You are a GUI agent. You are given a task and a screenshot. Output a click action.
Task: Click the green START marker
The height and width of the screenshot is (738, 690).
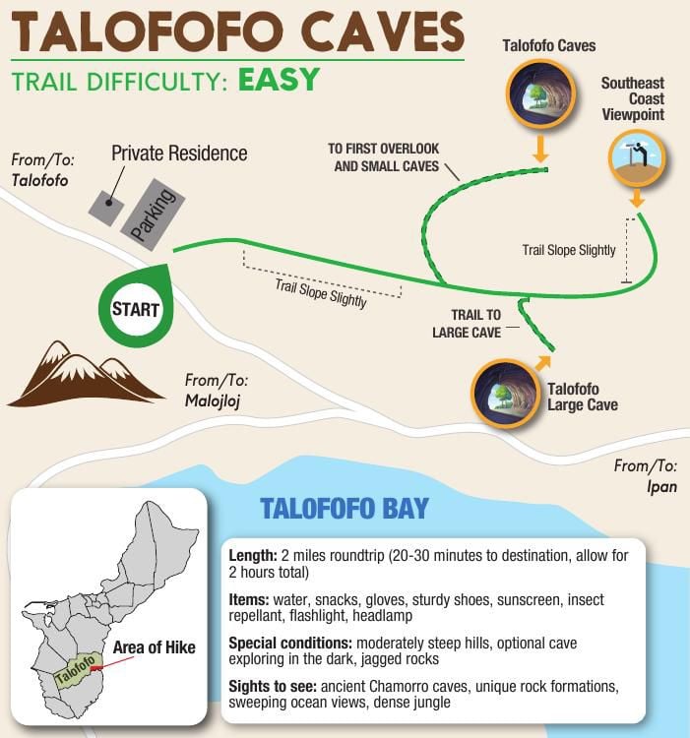tap(136, 309)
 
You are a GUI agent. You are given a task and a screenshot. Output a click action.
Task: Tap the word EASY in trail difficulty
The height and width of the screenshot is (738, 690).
tap(279, 79)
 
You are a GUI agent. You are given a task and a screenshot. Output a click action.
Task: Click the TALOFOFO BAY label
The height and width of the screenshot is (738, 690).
tap(344, 509)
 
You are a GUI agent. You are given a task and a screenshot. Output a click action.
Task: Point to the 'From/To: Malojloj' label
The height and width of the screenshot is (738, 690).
tap(216, 389)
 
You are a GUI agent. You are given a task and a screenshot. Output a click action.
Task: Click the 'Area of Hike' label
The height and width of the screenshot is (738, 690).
tap(154, 647)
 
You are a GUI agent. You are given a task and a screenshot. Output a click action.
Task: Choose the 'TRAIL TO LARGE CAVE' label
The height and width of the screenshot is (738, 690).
tap(467, 323)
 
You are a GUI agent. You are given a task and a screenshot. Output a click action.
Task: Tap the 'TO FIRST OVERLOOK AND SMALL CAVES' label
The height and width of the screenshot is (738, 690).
tap(385, 157)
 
